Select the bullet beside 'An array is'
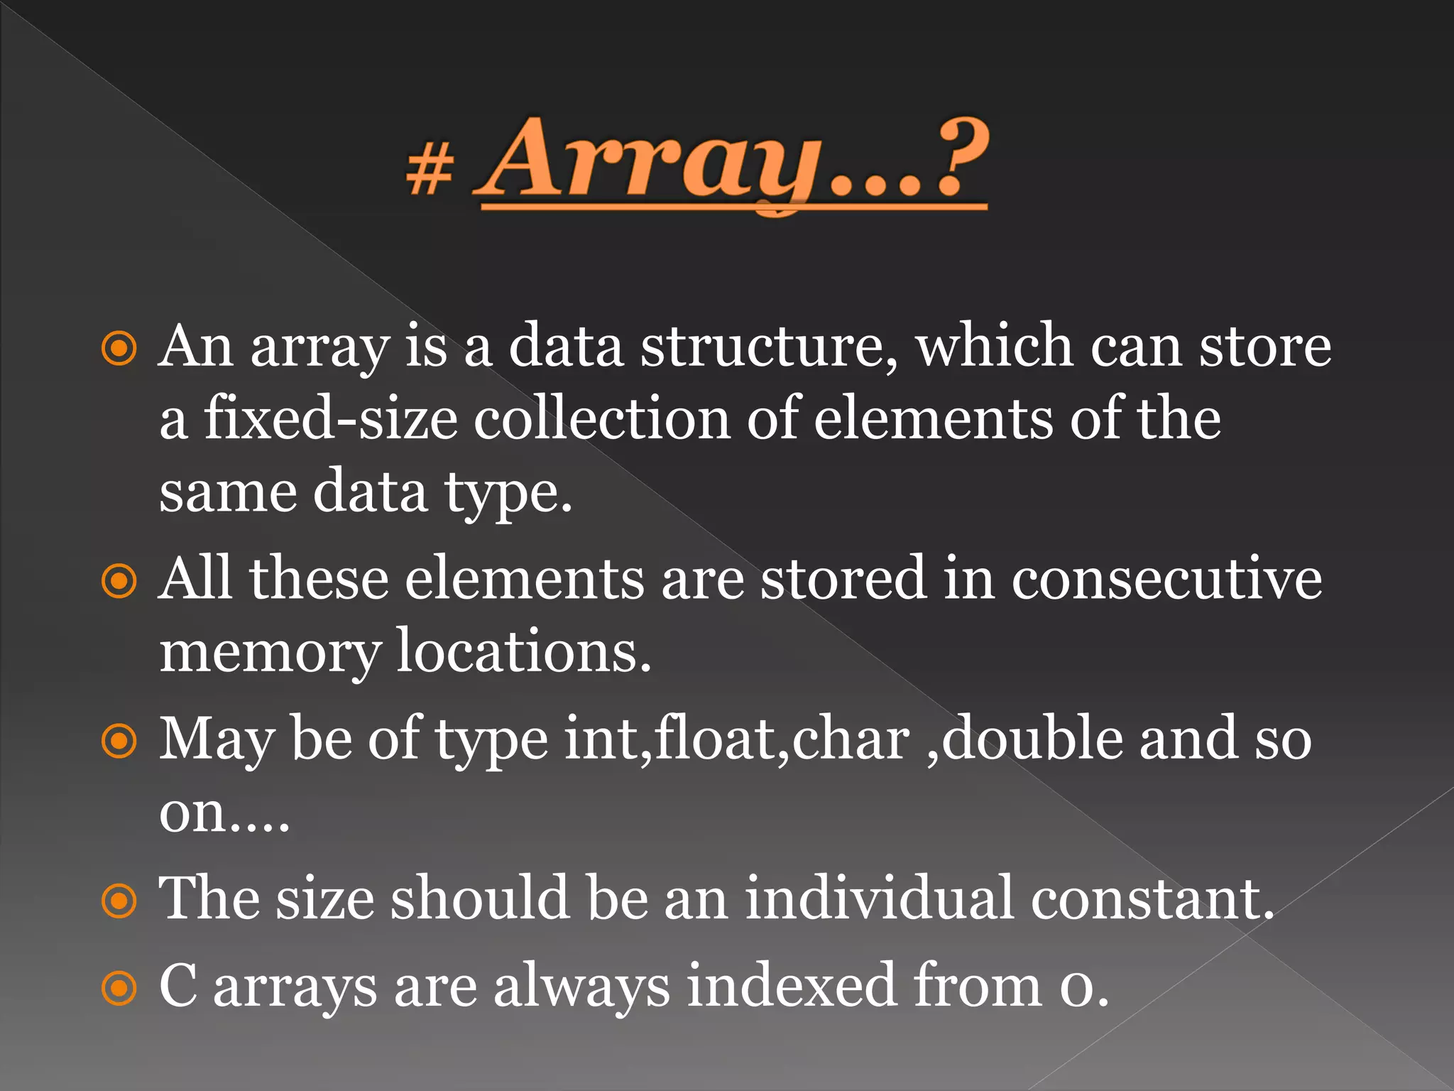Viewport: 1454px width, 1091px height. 119,349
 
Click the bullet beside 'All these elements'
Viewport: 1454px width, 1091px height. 119,581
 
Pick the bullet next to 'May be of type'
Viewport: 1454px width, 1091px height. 119,742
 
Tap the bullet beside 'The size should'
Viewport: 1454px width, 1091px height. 119,901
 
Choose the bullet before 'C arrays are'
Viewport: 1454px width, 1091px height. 119,988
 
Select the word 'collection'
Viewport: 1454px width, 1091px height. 602,419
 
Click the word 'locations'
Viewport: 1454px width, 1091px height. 523,651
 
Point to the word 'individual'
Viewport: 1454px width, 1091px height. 879,899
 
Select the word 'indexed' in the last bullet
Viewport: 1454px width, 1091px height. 791,986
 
